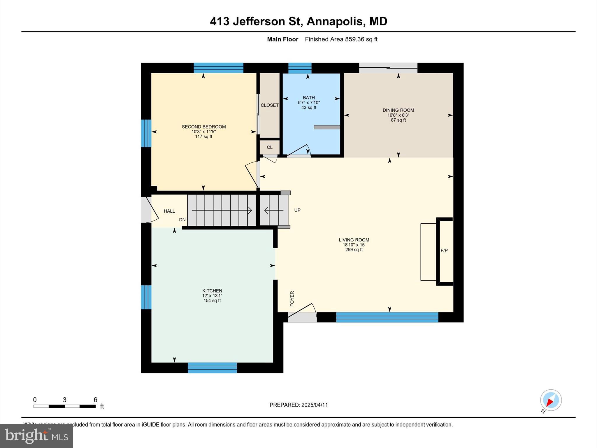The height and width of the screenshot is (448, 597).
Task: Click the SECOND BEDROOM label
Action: (x=204, y=127)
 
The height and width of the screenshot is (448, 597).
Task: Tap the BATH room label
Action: (x=309, y=98)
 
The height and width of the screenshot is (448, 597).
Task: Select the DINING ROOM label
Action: (x=398, y=110)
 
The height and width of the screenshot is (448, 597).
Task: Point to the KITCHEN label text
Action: (x=212, y=291)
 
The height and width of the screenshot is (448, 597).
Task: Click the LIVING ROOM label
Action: (x=354, y=240)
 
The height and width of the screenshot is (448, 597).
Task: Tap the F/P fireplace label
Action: (x=444, y=251)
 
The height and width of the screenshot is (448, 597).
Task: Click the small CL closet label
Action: (x=270, y=147)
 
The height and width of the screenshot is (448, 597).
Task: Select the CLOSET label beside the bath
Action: (x=269, y=105)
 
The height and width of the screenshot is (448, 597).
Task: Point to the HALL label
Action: (x=169, y=211)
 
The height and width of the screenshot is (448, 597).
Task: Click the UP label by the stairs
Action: (x=297, y=210)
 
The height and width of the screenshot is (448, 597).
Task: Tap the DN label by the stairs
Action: (x=182, y=220)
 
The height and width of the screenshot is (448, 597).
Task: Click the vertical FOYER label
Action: (x=292, y=299)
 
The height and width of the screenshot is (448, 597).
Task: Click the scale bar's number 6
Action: (x=95, y=400)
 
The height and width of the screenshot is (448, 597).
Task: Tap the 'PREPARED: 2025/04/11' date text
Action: (x=298, y=405)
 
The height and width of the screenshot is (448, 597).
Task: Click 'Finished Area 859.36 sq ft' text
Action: (x=341, y=39)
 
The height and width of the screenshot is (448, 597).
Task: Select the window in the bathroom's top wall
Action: (x=300, y=68)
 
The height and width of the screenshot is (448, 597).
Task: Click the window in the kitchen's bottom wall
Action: (x=212, y=368)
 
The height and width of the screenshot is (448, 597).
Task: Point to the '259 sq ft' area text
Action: (x=354, y=250)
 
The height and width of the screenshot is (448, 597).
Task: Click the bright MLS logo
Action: (x=36, y=436)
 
